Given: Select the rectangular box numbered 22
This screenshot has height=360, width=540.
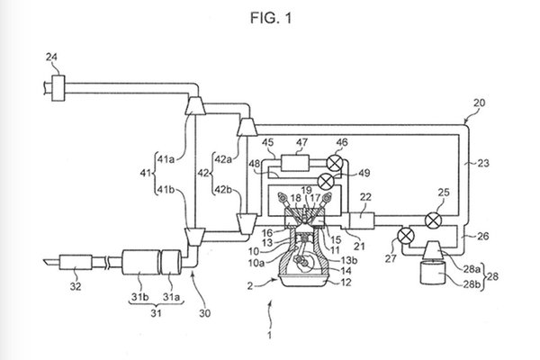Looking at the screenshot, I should click(x=364, y=220).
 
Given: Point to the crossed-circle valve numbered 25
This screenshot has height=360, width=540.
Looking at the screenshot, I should click(x=435, y=220).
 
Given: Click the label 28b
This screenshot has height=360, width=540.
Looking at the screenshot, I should click(x=471, y=283).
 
